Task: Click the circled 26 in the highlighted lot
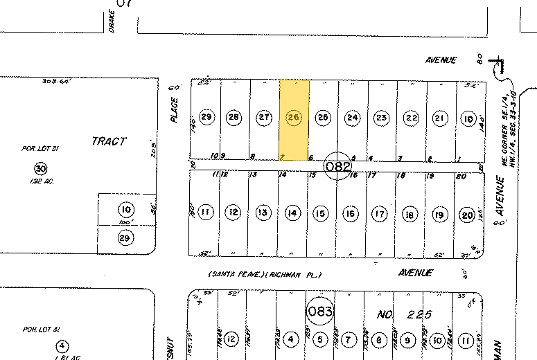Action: (x=293, y=118)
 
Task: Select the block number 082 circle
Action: (x=339, y=166)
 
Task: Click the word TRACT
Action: (x=109, y=141)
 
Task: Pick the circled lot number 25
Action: (x=322, y=118)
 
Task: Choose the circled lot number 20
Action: (x=467, y=215)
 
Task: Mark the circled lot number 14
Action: (x=292, y=213)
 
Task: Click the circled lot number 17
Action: (x=379, y=214)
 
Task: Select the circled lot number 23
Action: (x=382, y=118)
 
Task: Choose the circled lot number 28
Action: (x=234, y=118)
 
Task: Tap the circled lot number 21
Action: (x=439, y=118)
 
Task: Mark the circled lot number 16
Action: (x=351, y=214)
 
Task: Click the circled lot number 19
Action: (x=439, y=215)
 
